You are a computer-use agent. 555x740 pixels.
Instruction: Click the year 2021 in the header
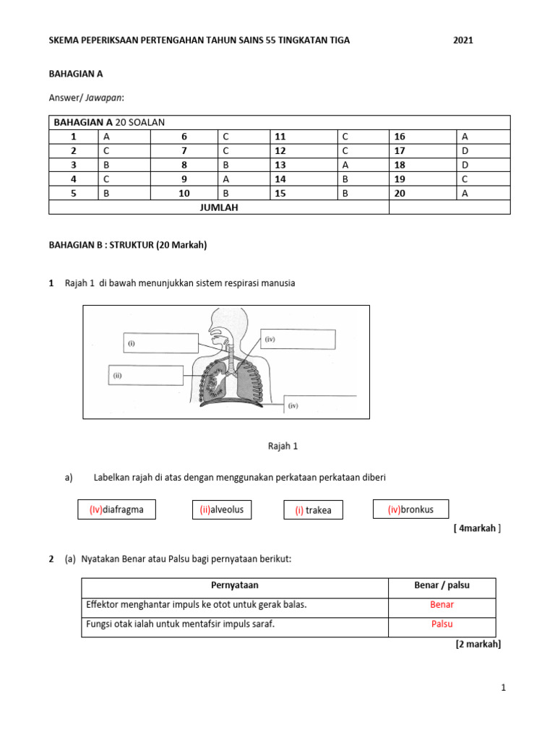click(462, 40)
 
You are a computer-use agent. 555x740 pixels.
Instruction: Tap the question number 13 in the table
click(280, 165)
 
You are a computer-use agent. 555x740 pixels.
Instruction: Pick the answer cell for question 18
click(483, 165)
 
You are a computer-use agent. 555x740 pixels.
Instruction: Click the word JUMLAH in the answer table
click(218, 207)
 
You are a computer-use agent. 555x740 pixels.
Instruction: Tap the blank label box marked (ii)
click(146, 375)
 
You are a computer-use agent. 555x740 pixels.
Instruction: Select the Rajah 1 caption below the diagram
click(283, 446)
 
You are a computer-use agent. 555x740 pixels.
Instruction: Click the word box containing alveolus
click(222, 509)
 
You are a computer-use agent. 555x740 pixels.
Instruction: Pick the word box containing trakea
click(313, 510)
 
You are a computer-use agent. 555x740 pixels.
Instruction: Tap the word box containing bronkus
click(410, 509)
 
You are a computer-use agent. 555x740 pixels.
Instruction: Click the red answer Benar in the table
click(442, 605)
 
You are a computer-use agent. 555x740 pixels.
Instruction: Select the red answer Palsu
click(442, 624)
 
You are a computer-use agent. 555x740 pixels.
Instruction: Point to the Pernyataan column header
click(234, 585)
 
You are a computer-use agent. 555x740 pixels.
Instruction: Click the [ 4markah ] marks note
click(477, 528)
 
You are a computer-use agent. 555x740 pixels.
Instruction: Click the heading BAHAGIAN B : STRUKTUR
click(127, 245)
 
